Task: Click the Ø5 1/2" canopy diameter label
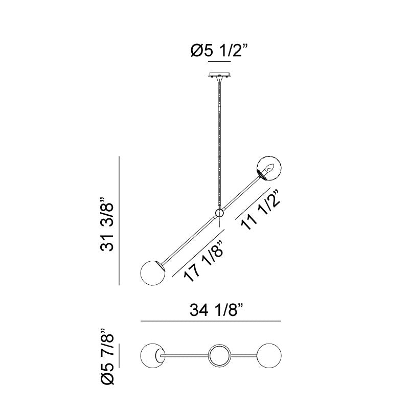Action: [x=219, y=50]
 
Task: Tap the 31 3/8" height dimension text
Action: [x=107, y=224]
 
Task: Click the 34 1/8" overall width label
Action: [x=216, y=310]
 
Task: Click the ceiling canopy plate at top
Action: [x=219, y=75]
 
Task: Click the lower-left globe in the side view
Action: [x=152, y=273]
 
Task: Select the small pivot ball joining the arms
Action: [x=220, y=213]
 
